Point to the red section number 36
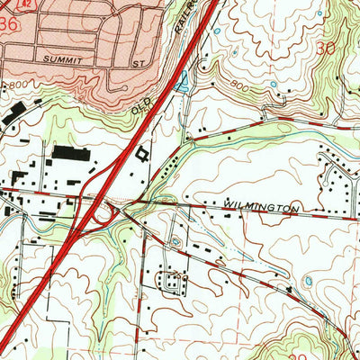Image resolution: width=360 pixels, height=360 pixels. pos(9,26)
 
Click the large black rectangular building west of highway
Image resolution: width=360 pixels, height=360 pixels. pos(70,153)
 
